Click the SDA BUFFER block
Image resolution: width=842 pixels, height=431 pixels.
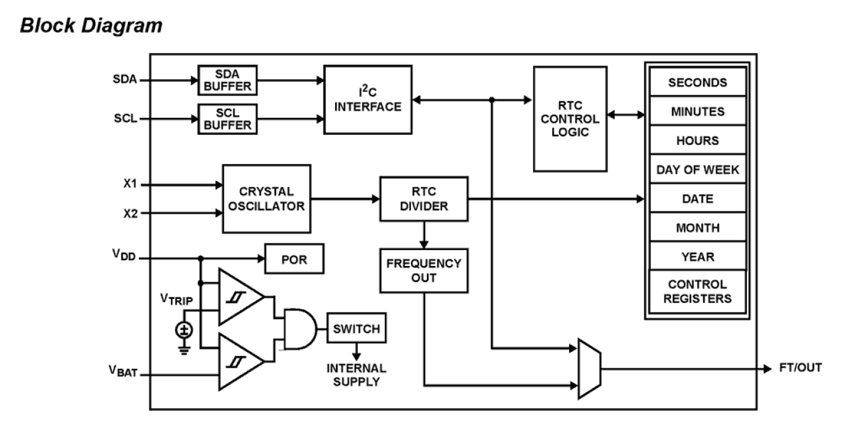[227, 80]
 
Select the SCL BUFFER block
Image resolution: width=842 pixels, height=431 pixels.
[227, 119]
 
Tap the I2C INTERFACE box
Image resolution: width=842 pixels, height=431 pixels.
[367, 99]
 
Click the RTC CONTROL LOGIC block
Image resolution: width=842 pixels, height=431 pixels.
[570, 118]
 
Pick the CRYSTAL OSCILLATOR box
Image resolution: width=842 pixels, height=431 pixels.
[266, 198]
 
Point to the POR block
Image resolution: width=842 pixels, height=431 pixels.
[295, 258]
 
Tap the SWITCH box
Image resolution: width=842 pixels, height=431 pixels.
[356, 328]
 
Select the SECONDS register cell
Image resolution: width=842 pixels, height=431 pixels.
[698, 83]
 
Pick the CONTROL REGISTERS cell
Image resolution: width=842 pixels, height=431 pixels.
[698, 291]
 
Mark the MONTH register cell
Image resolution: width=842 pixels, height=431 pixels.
[698, 228]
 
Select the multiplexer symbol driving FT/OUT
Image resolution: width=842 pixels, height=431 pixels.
[587, 367]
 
